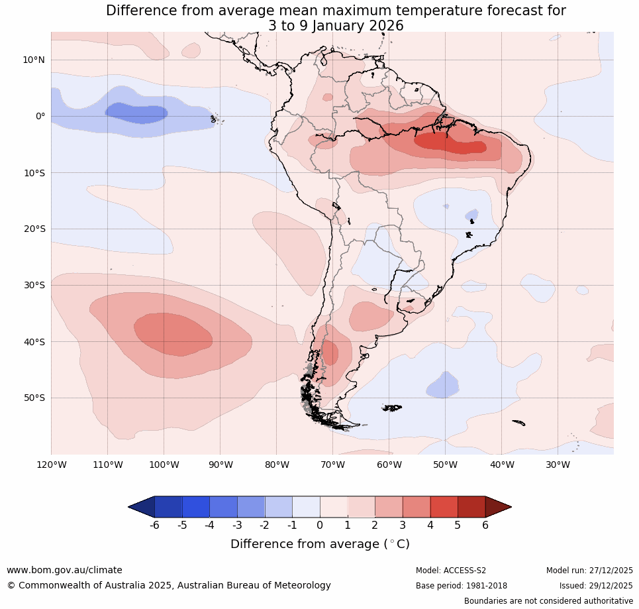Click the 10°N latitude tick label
(33, 60)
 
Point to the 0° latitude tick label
(40, 116)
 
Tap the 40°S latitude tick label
(33, 342)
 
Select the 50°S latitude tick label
(33, 398)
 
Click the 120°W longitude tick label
(51, 465)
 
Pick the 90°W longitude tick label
(220, 465)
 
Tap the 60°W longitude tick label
(389, 465)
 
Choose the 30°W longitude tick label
(558, 465)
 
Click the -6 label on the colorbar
(154, 526)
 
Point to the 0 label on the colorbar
(320, 526)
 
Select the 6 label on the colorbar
(485, 526)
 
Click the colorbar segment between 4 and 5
(444, 507)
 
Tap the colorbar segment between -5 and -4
(196, 507)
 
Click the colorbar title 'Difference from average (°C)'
(320, 544)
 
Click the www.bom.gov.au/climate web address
(64, 570)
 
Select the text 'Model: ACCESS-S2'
(451, 571)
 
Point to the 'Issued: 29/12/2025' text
(596, 586)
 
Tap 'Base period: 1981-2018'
(462, 586)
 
